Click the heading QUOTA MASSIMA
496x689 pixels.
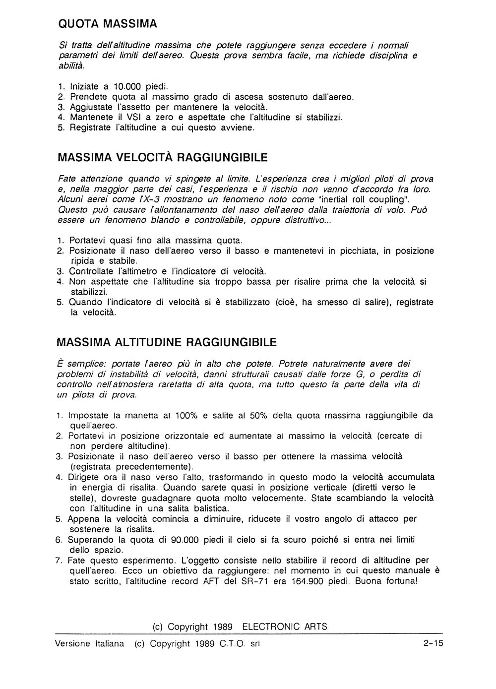pos(107,23)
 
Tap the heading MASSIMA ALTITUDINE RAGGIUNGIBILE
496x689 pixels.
pos(167,342)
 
